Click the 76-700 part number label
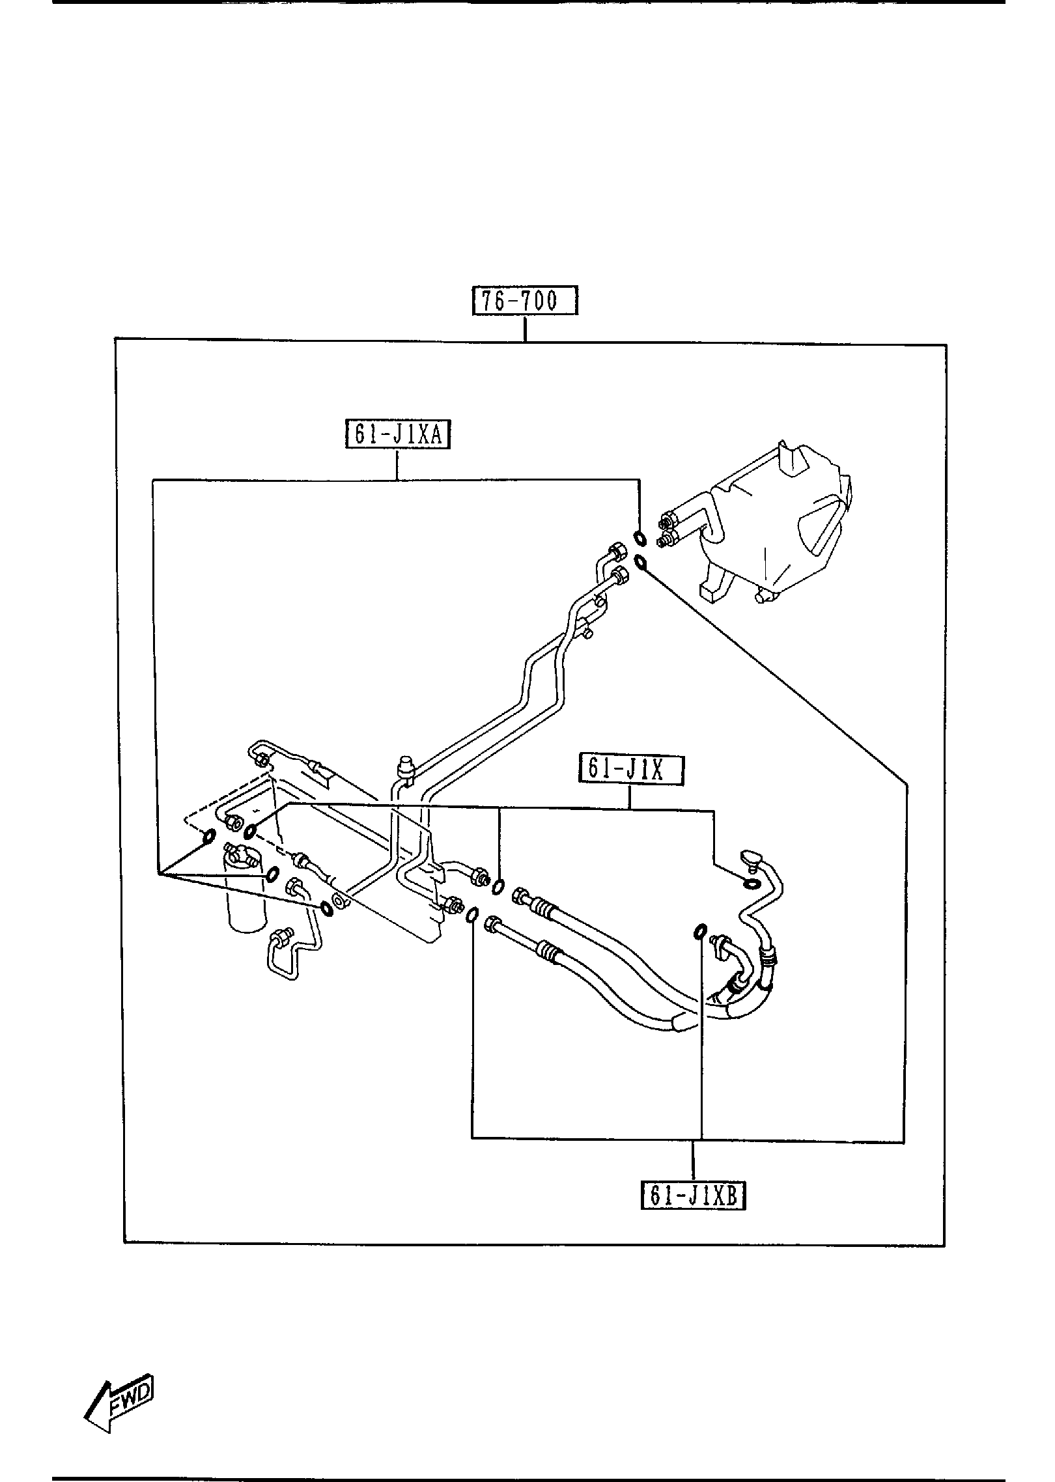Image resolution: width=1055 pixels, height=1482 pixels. pos(525,301)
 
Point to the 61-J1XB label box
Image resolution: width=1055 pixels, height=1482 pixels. pos(694,1195)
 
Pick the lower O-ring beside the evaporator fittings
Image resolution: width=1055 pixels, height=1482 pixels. pos(641,561)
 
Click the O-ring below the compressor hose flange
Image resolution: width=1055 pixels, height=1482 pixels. pos(751,884)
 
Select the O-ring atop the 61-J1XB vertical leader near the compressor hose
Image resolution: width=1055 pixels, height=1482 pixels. pos(698,933)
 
